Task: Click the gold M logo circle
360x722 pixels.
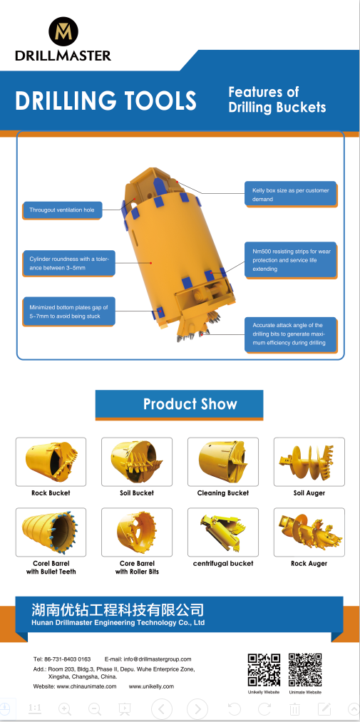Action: [x=63, y=31]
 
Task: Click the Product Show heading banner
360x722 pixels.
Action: [x=179, y=404]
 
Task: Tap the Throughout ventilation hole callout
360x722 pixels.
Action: [x=62, y=210]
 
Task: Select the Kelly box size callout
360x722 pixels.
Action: [x=290, y=195]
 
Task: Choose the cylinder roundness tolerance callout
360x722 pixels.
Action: [x=68, y=263]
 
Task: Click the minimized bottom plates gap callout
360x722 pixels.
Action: [x=68, y=311]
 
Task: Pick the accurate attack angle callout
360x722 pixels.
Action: [x=290, y=334]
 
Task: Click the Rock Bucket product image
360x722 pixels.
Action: [x=51, y=461]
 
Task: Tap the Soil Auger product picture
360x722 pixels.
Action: [x=309, y=461]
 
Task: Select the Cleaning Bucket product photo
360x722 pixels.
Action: [x=223, y=461]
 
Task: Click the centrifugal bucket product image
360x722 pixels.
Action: [x=223, y=532]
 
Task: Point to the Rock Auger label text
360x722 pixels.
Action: [x=309, y=564]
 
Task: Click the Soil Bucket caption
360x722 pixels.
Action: [x=137, y=492]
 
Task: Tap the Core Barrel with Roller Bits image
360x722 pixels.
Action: [x=137, y=532]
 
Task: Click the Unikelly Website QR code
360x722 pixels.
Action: [x=264, y=670]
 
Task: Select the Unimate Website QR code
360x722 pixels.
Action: [x=305, y=670]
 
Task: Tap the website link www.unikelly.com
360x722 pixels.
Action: [x=151, y=686]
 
